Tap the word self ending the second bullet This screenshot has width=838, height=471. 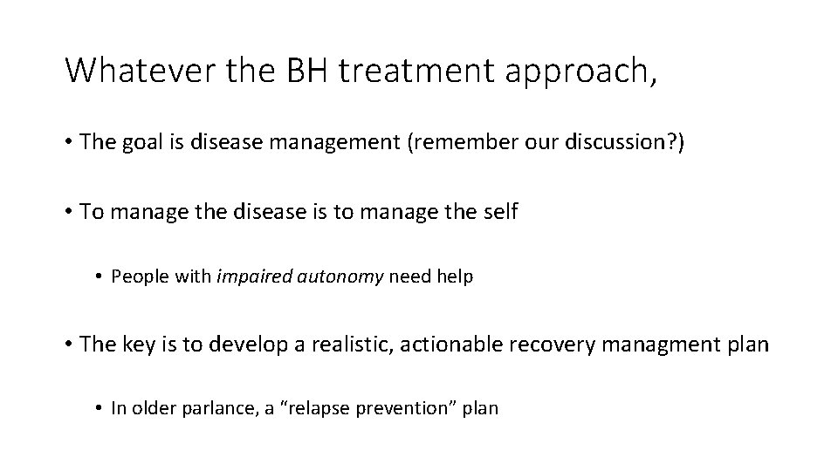tap(501, 212)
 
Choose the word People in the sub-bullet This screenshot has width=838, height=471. tap(135, 277)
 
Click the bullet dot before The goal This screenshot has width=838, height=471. tap(69, 143)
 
